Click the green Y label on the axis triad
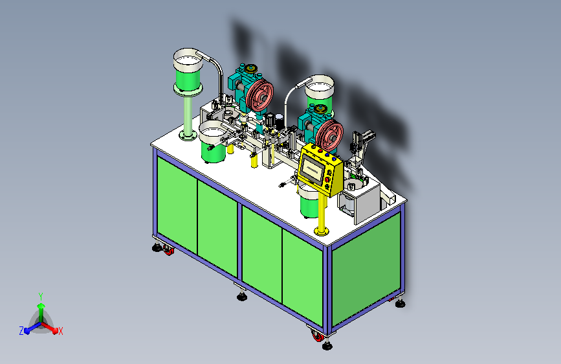pos(41,296)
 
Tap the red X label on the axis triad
pos(60,332)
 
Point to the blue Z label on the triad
pos(21,331)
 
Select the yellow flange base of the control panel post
pos(322,231)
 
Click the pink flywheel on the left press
pos(259,95)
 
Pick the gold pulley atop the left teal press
pos(251,68)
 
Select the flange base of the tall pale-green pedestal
pos(188,135)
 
